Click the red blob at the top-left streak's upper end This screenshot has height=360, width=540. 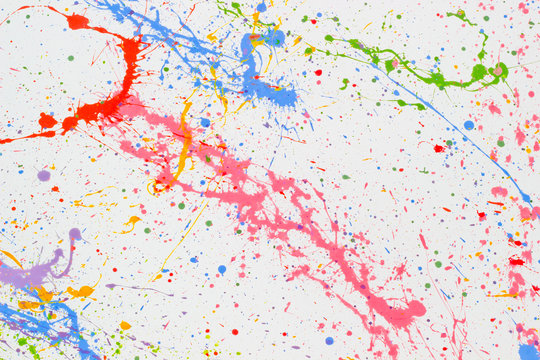[x=77, y=21]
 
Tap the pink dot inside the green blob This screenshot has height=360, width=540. [x=498, y=70]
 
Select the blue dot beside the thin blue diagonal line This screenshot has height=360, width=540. [x=468, y=125]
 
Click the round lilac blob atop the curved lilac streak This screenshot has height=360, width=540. [x=75, y=234]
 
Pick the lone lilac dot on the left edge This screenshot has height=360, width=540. [x=43, y=175]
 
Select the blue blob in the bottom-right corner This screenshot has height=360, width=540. [x=528, y=351]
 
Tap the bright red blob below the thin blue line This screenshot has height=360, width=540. [x=437, y=148]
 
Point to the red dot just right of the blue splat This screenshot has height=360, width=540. [x=318, y=72]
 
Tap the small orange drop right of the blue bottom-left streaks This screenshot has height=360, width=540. [x=125, y=325]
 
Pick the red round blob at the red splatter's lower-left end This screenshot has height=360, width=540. [x=47, y=121]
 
